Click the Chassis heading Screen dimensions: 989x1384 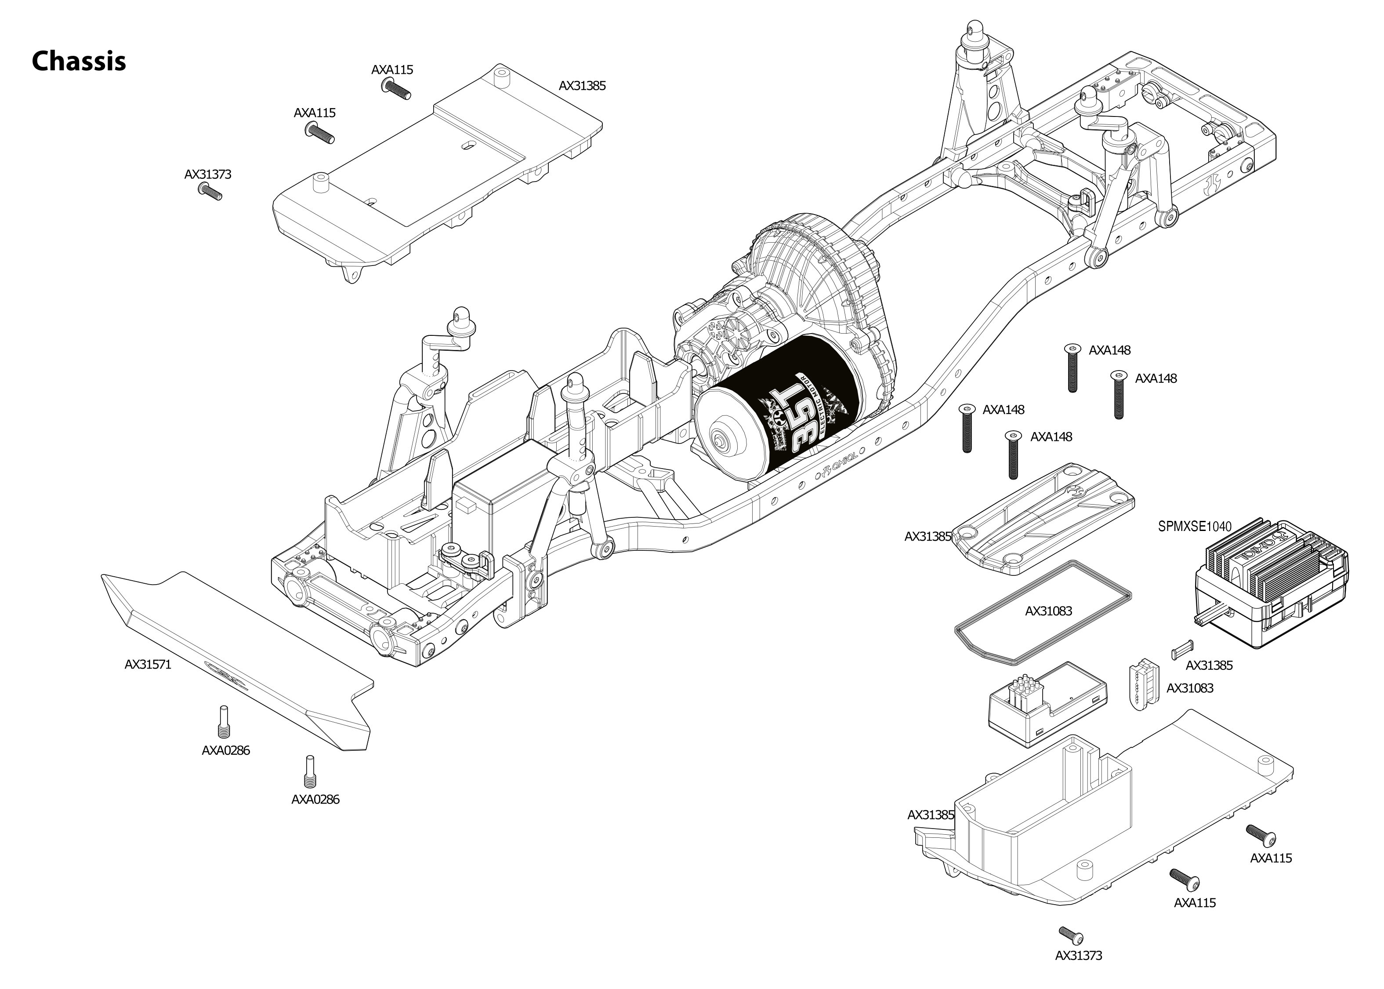79,61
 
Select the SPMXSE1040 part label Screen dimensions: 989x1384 1194,527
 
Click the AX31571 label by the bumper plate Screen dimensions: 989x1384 148,665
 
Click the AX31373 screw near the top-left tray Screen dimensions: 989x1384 210,193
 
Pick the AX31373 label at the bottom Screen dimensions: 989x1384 1079,956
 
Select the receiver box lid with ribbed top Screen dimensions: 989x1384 1044,518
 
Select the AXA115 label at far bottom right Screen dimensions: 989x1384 1271,858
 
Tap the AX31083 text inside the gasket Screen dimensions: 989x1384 1048,611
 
